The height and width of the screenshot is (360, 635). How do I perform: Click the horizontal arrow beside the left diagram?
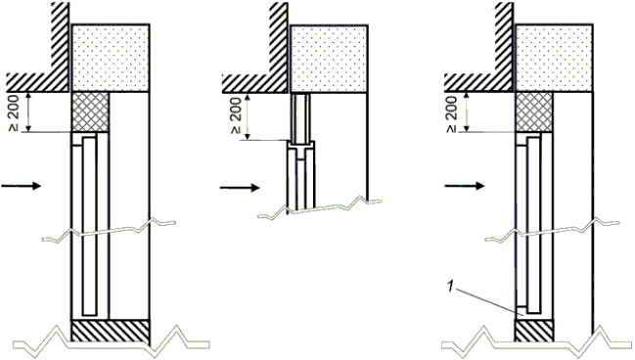click(22, 186)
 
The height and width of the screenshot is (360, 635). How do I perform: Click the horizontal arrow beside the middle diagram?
click(240, 188)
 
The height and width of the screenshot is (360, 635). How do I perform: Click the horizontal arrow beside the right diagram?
click(465, 186)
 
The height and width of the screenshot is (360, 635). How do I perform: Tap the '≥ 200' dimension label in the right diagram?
click(451, 114)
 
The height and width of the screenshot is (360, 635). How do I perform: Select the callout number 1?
click(449, 287)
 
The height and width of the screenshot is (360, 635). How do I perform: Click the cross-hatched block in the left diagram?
click(90, 112)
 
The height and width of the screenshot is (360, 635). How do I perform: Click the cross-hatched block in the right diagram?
click(534, 112)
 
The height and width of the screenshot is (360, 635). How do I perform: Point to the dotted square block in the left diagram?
click(111, 58)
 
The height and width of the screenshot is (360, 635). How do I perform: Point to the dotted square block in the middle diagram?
click(330, 59)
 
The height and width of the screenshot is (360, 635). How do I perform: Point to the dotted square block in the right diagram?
click(555, 58)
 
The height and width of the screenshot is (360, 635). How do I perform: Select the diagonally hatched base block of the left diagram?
click(111, 331)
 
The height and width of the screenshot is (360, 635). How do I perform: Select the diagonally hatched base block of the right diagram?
click(534, 331)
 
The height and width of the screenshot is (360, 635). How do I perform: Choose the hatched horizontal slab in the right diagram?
click(479, 82)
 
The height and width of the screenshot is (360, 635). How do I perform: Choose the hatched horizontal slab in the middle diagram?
click(255, 82)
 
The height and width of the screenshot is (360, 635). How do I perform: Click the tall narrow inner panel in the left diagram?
click(89, 226)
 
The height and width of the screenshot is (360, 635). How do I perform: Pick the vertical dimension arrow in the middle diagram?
click(248, 116)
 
